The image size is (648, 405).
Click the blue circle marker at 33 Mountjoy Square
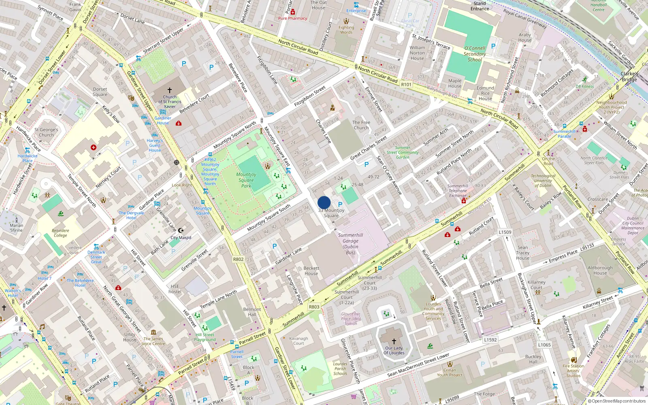click(324, 202)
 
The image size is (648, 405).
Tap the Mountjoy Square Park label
click(246, 180)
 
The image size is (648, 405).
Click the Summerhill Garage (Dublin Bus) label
click(350, 243)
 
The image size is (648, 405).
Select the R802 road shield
click(239, 259)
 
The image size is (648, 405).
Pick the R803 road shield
click(314, 307)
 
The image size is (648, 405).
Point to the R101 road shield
click(406, 85)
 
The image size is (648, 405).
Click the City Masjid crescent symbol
click(181, 230)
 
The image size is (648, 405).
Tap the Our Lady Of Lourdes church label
click(394, 350)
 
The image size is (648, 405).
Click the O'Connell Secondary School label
click(475, 54)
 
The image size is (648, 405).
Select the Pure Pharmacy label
click(292, 18)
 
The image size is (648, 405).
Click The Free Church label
click(361, 125)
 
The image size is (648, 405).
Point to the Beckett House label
click(311, 271)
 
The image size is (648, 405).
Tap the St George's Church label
click(46, 132)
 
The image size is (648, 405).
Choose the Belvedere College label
click(60, 233)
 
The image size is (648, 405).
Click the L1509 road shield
click(505, 232)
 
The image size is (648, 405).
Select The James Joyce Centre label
click(153, 341)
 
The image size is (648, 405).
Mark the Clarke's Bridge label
click(629, 77)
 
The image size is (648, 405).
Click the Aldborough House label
click(600, 270)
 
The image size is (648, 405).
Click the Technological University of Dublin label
click(543, 181)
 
